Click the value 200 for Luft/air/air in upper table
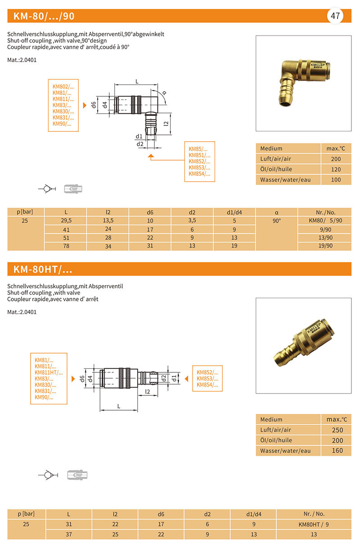click(336, 159)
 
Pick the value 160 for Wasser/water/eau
click(337, 451)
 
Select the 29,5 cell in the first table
click(66, 221)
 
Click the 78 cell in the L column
click(66, 246)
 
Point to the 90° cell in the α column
click(277, 221)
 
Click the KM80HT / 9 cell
click(314, 524)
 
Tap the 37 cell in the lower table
click(68, 534)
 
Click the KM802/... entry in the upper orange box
click(63, 86)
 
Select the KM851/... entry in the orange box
click(199, 155)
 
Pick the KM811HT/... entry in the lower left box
click(49, 372)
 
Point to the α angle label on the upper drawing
click(164, 93)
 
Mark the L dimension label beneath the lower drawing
click(119, 406)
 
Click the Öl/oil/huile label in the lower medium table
click(276, 440)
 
